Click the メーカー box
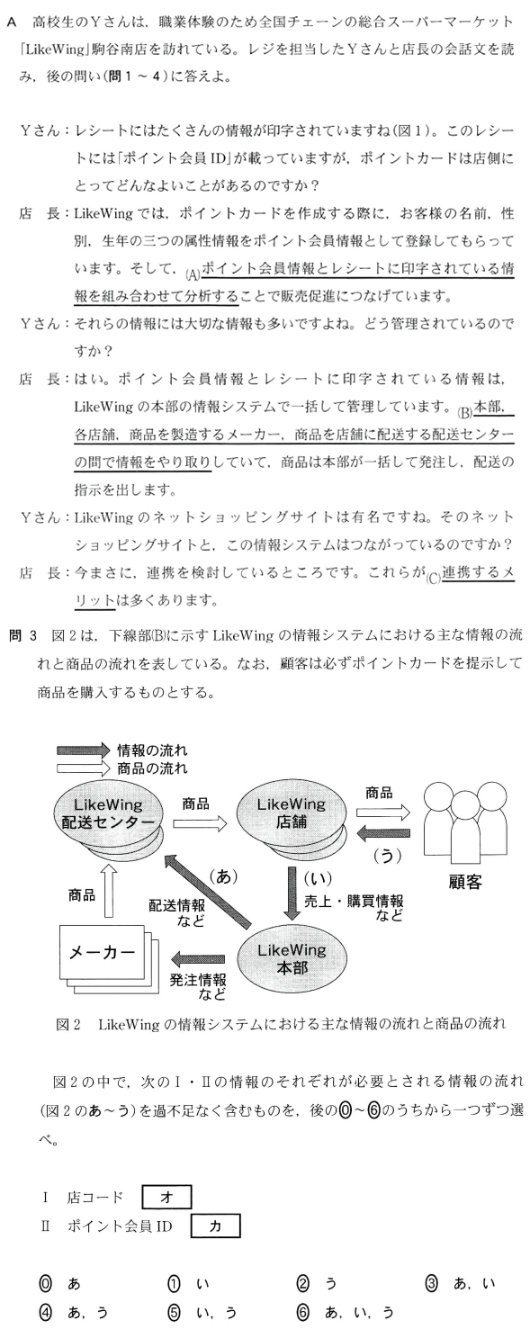pos(101,951)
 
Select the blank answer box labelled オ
pos(166,1196)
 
